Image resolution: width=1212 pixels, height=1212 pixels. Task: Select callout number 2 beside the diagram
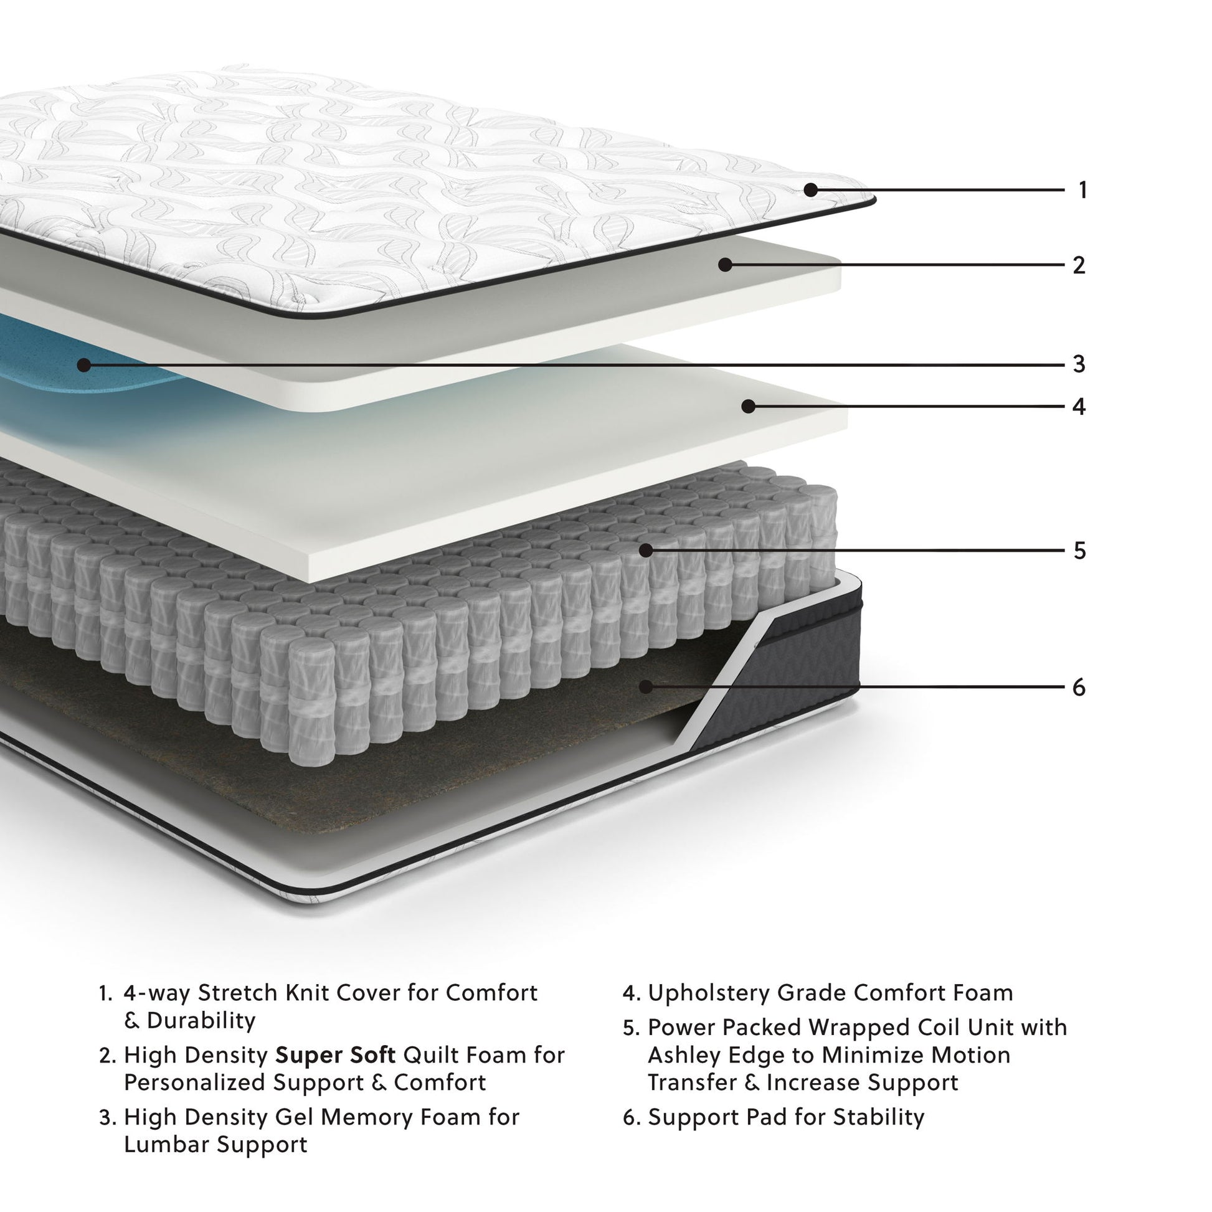coord(1078,265)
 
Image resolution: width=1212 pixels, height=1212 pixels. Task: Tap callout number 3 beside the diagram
coord(1078,364)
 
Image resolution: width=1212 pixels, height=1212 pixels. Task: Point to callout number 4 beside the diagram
coord(1078,407)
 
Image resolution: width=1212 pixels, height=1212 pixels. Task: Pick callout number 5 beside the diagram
coord(1079,551)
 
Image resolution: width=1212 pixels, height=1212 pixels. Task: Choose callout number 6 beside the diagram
coord(1078,688)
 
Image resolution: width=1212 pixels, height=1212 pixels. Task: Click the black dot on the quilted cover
coord(810,189)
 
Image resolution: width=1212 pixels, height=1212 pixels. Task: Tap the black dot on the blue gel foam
coord(83,364)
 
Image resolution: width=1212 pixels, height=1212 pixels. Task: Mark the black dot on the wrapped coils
coord(645,551)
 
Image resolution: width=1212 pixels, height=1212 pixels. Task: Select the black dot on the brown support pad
coord(645,687)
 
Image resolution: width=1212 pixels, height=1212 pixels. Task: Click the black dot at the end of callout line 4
coord(748,407)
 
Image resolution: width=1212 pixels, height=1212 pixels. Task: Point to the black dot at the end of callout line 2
coord(725,265)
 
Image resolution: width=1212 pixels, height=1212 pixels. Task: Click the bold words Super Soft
coord(336,1055)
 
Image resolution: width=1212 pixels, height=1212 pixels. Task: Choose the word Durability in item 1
coord(201,1020)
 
